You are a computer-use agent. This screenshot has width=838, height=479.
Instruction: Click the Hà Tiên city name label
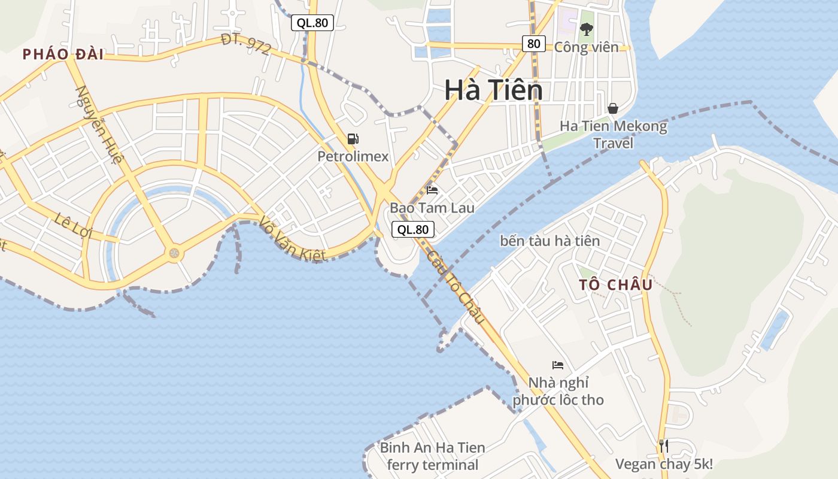493,90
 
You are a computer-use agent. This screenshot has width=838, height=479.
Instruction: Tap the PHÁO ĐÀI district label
63,54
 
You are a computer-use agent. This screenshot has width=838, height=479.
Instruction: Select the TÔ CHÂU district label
615,285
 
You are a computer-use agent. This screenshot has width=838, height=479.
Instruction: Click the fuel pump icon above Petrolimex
353,139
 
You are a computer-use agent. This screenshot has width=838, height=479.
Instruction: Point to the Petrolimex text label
353,157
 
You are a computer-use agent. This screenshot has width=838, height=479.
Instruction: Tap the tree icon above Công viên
586,29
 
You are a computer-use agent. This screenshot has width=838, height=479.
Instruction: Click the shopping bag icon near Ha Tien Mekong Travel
613,108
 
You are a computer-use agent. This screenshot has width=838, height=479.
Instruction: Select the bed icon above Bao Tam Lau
432,190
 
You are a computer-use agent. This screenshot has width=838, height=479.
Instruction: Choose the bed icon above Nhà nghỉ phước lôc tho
558,365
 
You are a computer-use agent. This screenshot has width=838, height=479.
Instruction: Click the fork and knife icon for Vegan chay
663,445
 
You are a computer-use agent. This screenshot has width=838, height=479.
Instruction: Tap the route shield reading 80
533,43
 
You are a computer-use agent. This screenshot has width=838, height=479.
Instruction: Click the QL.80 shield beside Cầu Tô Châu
413,229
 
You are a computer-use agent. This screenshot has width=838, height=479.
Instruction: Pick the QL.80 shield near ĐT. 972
312,23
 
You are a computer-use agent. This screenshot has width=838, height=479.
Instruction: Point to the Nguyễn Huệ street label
99,125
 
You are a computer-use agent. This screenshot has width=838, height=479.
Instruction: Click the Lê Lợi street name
72,225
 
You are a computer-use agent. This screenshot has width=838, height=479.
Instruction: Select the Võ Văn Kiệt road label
292,239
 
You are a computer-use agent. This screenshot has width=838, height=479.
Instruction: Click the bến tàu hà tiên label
549,241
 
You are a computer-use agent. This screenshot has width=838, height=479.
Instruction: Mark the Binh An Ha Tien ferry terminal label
432,456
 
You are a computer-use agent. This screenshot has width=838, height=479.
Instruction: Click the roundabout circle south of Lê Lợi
174,253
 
